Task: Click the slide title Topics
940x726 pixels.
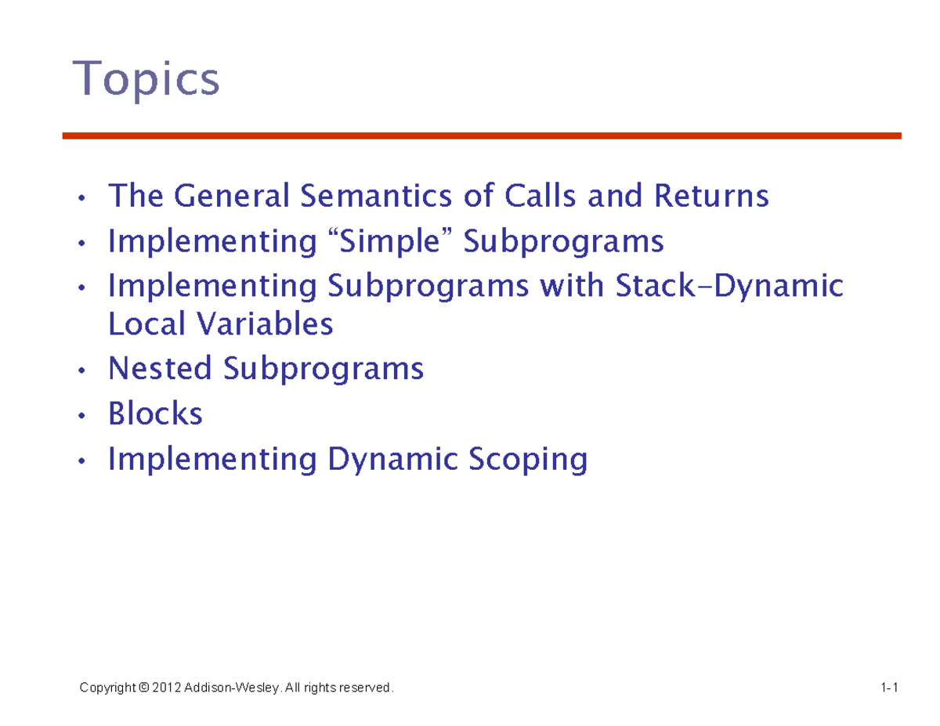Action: click(146, 81)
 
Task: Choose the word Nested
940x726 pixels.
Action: click(160, 368)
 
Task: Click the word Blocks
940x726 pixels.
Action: click(155, 414)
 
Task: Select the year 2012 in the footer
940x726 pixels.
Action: click(167, 688)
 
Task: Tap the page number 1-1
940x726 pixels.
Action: click(888, 688)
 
